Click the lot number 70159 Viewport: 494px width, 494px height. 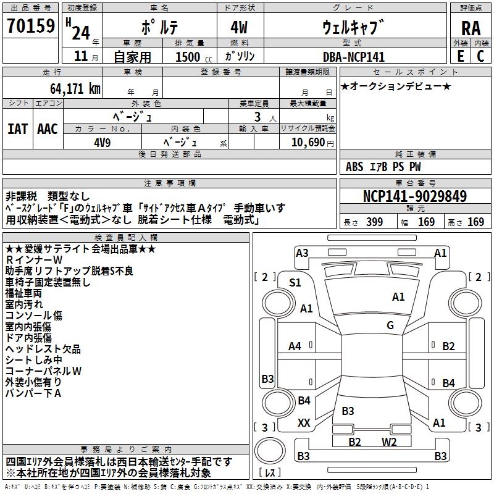(30, 27)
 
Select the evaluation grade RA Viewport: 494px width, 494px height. (471, 28)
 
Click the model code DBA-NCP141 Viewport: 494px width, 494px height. (353, 57)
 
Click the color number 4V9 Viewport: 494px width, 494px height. (103, 141)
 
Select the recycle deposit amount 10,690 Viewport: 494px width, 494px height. (308, 141)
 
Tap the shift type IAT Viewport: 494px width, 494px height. (17, 128)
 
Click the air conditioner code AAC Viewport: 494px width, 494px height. (48, 128)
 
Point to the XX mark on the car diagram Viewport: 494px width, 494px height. (304, 423)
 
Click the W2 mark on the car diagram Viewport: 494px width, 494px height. (389, 442)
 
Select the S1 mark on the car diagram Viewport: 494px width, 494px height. (296, 283)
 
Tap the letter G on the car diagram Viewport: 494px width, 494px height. (390, 325)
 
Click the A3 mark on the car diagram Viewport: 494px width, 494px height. (302, 253)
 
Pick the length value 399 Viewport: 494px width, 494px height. (374, 222)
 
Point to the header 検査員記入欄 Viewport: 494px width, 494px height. (126, 237)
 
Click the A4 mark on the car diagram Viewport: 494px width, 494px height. (295, 346)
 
